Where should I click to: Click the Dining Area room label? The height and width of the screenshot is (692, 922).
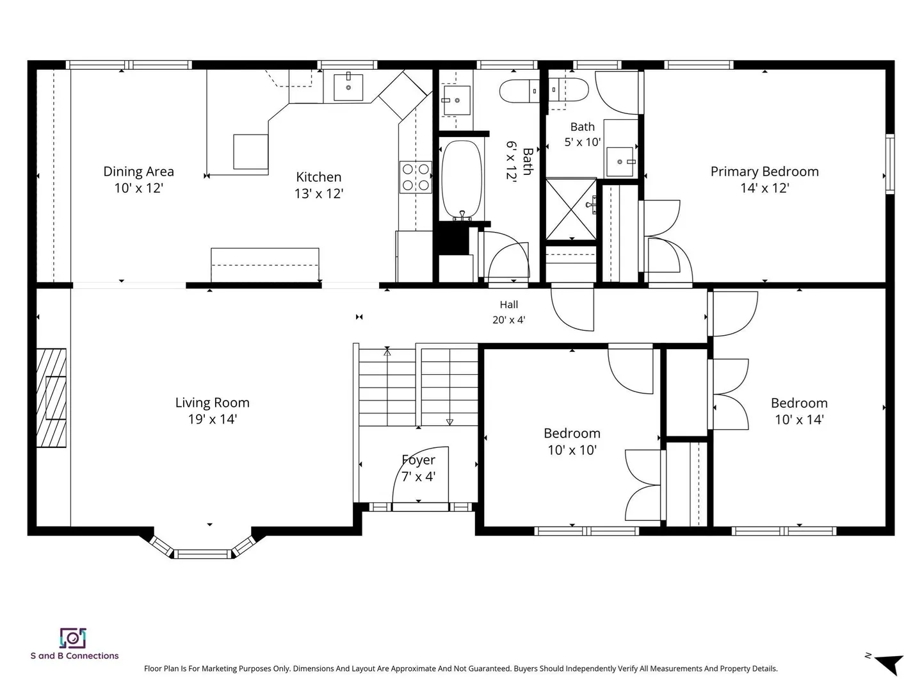(138, 179)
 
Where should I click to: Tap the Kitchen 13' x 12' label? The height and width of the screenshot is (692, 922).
(319, 185)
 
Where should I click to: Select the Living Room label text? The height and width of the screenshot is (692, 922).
(213, 411)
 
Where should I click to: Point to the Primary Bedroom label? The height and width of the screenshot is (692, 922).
(764, 179)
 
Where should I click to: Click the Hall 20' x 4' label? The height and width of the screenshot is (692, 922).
(508, 312)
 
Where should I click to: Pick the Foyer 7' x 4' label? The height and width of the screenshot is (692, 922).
(418, 468)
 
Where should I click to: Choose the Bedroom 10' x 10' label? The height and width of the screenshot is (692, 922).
(572, 441)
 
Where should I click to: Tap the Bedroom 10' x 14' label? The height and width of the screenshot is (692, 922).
(799, 411)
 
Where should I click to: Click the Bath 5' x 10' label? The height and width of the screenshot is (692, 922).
(582, 134)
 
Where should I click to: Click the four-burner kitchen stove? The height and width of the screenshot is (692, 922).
(416, 177)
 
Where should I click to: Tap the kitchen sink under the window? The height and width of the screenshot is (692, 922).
(348, 87)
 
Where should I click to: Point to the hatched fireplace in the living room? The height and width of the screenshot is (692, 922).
(51, 397)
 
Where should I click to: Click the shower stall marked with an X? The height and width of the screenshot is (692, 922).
(571, 210)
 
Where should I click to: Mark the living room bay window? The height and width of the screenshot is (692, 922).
(203, 548)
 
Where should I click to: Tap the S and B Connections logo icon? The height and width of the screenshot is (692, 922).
(73, 638)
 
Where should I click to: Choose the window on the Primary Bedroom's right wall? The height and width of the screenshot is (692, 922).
(889, 164)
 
